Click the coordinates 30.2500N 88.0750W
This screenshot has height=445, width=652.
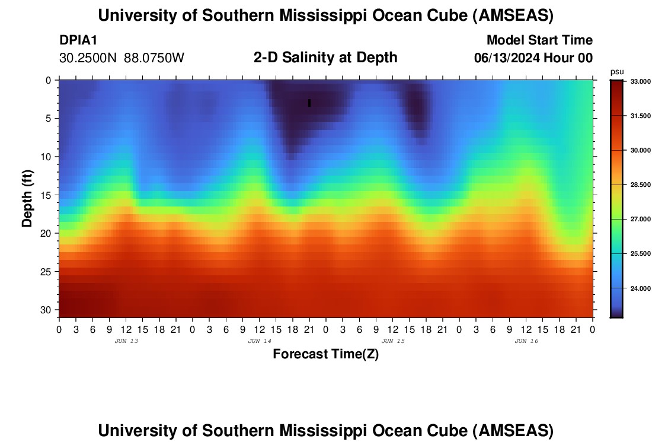tap(122, 58)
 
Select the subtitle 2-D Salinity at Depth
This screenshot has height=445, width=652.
tap(325, 58)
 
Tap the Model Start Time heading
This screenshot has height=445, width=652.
tap(539, 40)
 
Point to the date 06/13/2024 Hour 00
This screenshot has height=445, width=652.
tap(533, 58)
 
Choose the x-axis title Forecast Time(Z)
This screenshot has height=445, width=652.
tap(325, 354)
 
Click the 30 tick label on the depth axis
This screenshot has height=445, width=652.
tap(47, 310)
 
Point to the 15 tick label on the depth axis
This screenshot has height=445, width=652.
tap(47, 195)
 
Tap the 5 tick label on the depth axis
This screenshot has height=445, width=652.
tap(50, 118)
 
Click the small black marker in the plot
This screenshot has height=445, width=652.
tap(309, 103)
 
